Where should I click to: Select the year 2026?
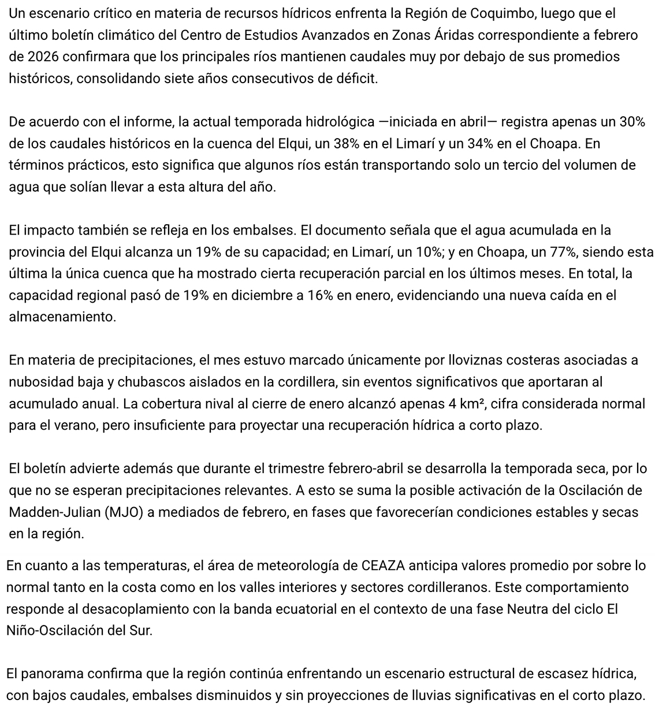pos(41,57)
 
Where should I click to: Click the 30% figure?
pos(632,122)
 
